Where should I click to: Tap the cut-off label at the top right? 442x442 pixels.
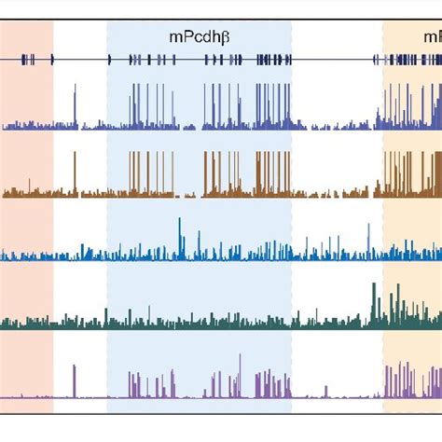(433, 37)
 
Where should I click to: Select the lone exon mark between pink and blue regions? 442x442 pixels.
(52, 59)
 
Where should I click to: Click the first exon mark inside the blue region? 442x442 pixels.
(109, 59)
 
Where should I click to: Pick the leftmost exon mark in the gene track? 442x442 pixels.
(24, 59)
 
